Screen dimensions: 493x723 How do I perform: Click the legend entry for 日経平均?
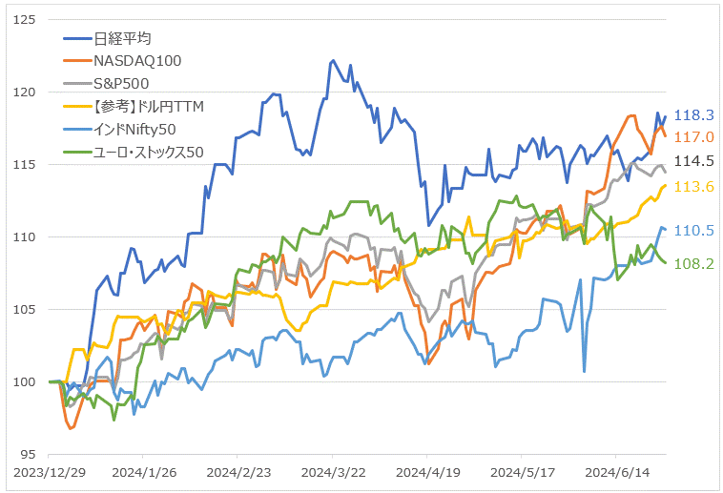tap(122, 38)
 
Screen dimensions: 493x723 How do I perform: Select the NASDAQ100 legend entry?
tap(136, 60)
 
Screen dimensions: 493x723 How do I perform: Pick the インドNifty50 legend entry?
tap(135, 128)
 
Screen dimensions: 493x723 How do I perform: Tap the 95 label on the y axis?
tap(30, 454)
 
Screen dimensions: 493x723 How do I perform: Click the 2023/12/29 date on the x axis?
tap(49, 472)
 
